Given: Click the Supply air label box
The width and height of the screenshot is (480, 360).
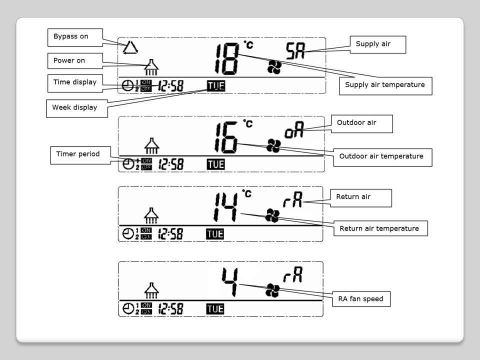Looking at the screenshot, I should [x=377, y=44].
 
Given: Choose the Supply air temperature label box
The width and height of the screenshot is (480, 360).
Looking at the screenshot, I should [x=385, y=85].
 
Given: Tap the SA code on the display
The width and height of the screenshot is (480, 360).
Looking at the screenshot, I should [x=295, y=51].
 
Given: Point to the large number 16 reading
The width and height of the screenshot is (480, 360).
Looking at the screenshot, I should [x=225, y=137].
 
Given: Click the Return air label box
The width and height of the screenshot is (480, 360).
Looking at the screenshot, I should [x=360, y=197].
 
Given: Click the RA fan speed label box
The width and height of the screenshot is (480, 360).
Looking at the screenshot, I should [x=360, y=299].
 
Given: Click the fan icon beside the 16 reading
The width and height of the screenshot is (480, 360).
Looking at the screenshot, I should [x=273, y=145].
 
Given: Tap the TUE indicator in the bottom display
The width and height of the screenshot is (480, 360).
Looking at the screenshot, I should [x=215, y=309].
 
